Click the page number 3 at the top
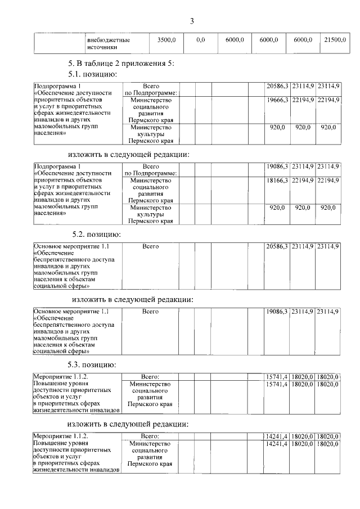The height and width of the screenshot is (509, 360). coord(191,22)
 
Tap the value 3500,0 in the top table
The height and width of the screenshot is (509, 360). coord(166,40)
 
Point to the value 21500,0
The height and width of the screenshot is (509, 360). coord(335,40)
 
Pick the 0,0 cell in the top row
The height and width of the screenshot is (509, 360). coord(200,40)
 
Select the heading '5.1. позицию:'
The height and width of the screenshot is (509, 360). coord(92,74)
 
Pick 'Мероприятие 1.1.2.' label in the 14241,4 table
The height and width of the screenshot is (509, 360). coord(61,436)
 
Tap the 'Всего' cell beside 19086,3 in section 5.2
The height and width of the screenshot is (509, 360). coord(150,311)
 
